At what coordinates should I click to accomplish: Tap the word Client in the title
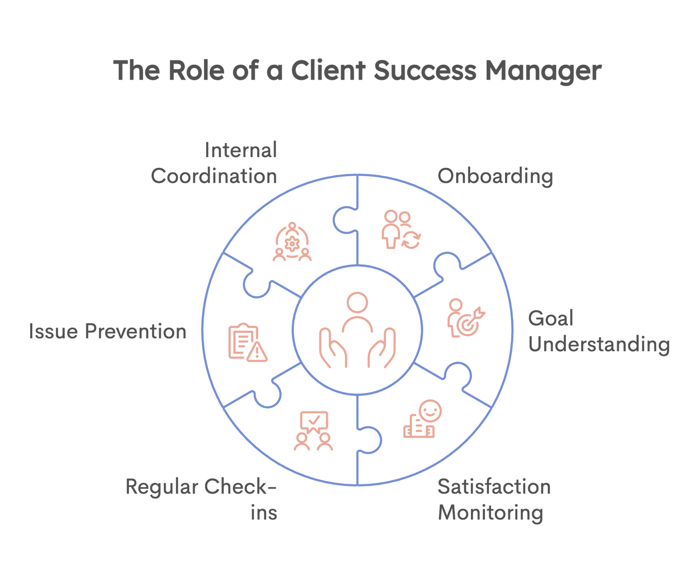coord(328,71)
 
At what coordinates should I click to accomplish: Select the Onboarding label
coord(495,176)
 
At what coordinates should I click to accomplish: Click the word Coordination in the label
coord(214,176)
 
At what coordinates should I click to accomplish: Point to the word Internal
coord(241,150)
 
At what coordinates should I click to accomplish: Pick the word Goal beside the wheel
coord(550,318)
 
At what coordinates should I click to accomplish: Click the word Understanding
coord(599,345)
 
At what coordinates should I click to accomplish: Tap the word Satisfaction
coord(494,487)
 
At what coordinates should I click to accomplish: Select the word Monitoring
coord(491,513)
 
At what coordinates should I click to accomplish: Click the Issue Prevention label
coord(108,332)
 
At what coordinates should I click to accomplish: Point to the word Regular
coord(162,487)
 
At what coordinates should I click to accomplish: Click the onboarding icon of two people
coord(398,227)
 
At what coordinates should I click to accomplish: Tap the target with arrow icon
coord(468,323)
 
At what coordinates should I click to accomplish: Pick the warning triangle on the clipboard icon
coord(257,352)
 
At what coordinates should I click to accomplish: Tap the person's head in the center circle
coord(357,303)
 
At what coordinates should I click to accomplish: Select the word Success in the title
coord(425,71)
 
